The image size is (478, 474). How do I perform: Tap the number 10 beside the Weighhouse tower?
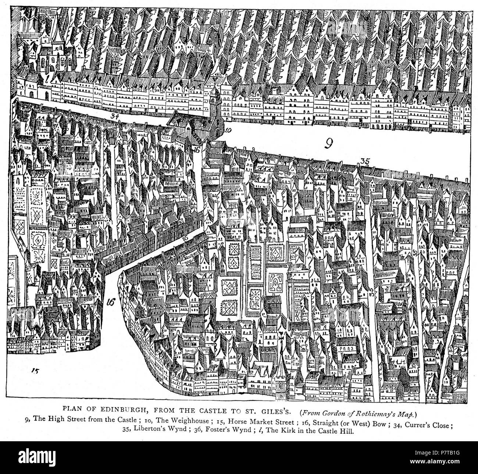[228, 130]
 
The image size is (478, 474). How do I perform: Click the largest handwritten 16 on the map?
[111, 302]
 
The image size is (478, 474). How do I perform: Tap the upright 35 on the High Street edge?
[364, 160]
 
